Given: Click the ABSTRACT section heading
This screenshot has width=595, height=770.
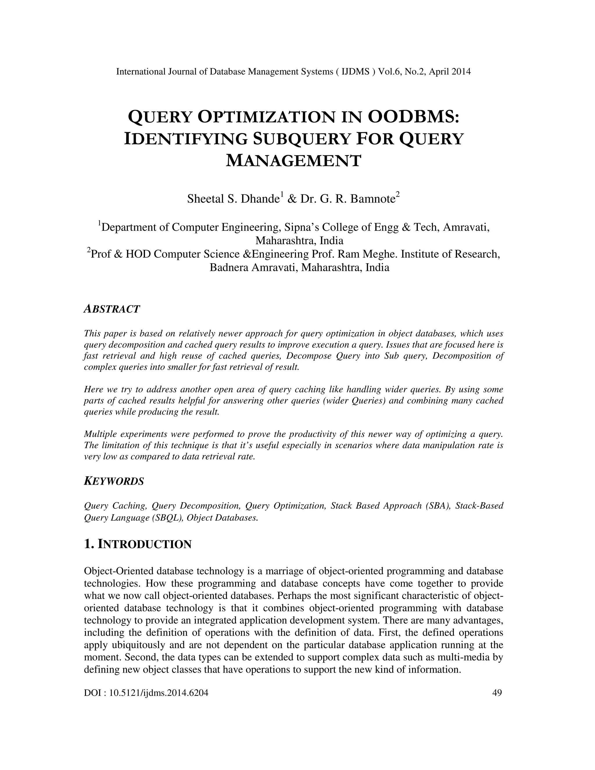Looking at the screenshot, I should [112, 309].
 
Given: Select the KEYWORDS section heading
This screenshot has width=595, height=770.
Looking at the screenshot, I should [114, 481].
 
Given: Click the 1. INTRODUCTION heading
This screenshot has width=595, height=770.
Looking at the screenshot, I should [138, 544].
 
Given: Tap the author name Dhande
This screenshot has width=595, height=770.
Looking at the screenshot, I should [260, 199].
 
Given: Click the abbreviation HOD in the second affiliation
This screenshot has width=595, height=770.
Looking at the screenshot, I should [138, 254].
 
